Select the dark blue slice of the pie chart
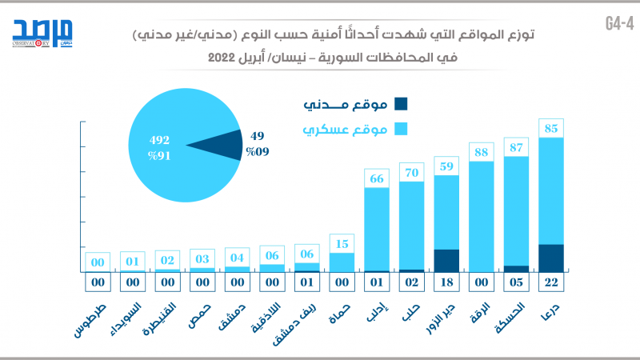point(219,145)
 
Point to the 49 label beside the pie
point(257,136)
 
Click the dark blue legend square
point(401,103)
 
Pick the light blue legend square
point(401,129)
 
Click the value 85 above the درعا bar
point(551,128)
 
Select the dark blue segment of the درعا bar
point(551,258)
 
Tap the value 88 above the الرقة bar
point(481,152)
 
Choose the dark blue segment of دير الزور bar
point(446,261)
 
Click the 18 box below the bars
point(446,282)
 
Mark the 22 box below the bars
point(551,282)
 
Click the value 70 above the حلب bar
point(411,171)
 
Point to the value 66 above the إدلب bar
point(376,178)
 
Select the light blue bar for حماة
point(342,262)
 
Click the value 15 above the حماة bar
point(342,243)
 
